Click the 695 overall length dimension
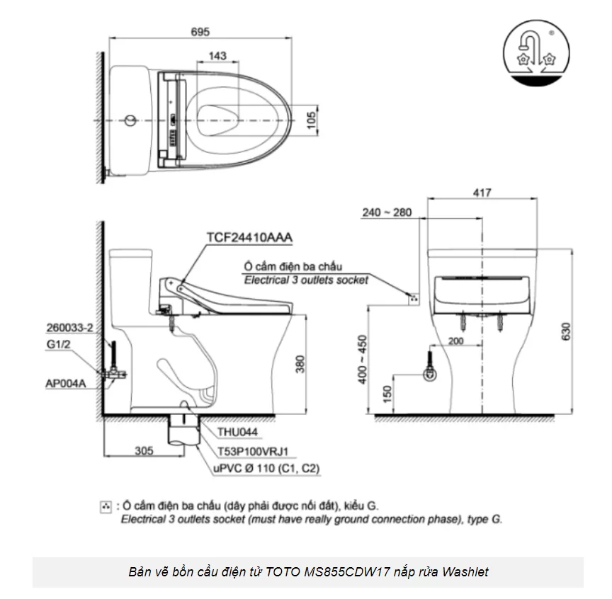click(199, 31)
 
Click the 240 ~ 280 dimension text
click(386, 212)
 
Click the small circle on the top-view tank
click(129, 120)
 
